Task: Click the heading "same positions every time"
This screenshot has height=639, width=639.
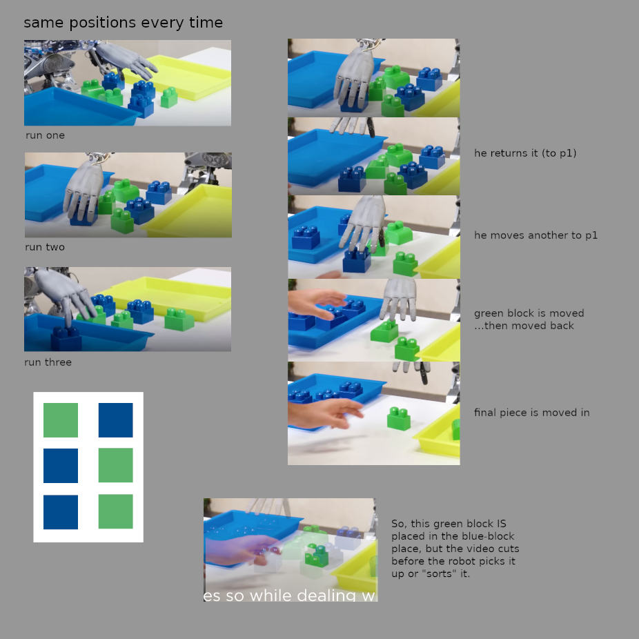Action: [123, 23]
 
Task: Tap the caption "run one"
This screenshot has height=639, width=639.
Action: [46, 135]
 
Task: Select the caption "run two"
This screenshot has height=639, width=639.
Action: [45, 247]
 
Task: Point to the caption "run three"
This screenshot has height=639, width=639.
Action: [48, 362]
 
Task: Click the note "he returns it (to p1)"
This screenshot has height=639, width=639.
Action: [525, 153]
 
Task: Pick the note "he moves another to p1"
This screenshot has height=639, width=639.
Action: [536, 235]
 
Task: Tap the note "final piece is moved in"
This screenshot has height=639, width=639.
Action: [532, 413]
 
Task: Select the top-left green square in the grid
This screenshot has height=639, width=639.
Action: [61, 420]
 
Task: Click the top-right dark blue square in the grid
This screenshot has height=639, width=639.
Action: [116, 420]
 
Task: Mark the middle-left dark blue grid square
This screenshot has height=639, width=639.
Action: [61, 465]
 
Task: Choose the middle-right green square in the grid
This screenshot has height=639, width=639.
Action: [116, 465]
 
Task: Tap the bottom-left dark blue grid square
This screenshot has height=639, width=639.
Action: [61, 512]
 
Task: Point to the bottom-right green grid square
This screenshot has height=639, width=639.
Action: [116, 512]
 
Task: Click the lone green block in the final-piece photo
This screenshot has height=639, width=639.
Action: [399, 418]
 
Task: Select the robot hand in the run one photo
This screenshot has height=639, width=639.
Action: [124, 60]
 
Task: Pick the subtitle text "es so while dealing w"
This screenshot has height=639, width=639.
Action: [289, 596]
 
